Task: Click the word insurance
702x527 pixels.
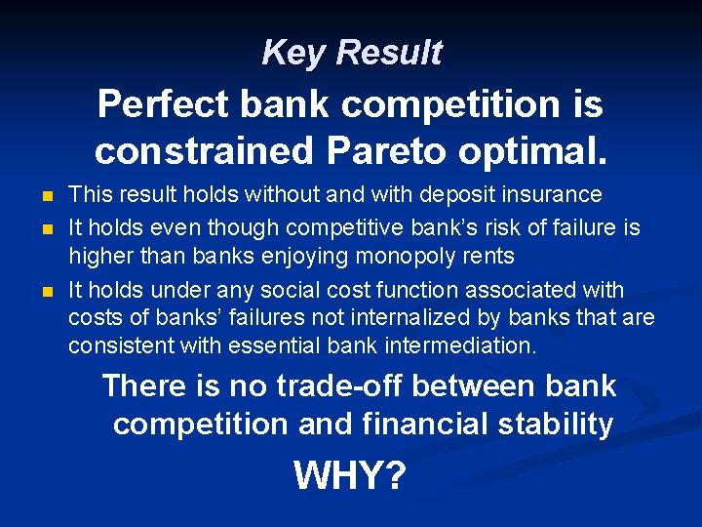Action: pyautogui.click(x=557, y=195)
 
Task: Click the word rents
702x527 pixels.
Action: pyautogui.click(x=487, y=258)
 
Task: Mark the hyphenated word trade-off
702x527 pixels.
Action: pyautogui.click(x=340, y=385)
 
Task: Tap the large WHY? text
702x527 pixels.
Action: pyautogui.click(x=349, y=476)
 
